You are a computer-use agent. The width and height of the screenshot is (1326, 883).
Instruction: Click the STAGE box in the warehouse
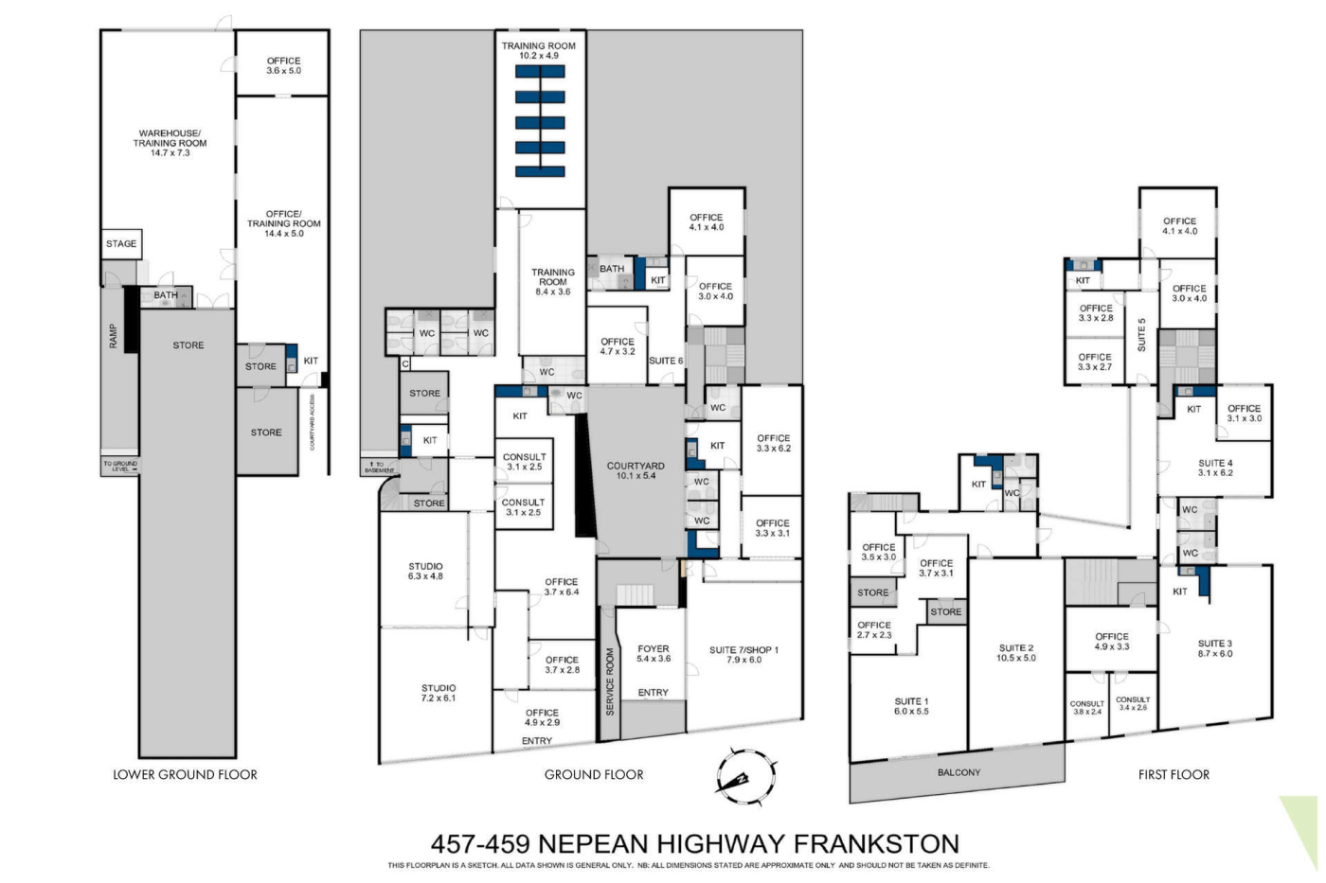click(121, 243)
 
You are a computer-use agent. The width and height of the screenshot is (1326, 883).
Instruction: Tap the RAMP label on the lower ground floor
click(113, 336)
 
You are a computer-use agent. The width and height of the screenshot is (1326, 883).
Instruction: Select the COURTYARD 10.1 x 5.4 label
click(636, 470)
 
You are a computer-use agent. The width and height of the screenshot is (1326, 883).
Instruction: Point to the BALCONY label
click(959, 772)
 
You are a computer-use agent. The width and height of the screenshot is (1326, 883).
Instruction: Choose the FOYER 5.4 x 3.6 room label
click(654, 654)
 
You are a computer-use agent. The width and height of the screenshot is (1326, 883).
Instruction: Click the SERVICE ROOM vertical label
click(610, 682)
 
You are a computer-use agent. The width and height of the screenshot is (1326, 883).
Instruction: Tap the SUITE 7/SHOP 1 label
click(744, 655)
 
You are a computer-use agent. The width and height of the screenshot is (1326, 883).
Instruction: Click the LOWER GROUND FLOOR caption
click(186, 775)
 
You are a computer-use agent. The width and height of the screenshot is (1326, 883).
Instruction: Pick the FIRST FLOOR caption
click(1174, 775)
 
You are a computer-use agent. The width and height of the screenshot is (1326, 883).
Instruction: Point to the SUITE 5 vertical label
click(1142, 335)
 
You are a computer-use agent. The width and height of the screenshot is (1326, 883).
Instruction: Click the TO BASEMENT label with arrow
click(379, 468)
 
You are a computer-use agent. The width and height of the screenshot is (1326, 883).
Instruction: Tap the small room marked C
click(405, 363)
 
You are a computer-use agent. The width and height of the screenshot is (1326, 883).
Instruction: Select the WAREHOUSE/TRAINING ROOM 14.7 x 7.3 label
click(170, 143)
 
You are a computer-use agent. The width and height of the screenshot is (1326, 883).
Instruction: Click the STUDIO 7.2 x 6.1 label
click(439, 693)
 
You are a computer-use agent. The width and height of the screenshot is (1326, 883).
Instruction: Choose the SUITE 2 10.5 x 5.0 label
click(1016, 653)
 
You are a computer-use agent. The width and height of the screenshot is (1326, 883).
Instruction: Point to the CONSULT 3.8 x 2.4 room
click(1087, 707)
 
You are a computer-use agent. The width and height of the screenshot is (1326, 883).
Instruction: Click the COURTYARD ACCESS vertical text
click(313, 422)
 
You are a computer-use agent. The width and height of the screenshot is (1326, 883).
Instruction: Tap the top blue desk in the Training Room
click(540, 72)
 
